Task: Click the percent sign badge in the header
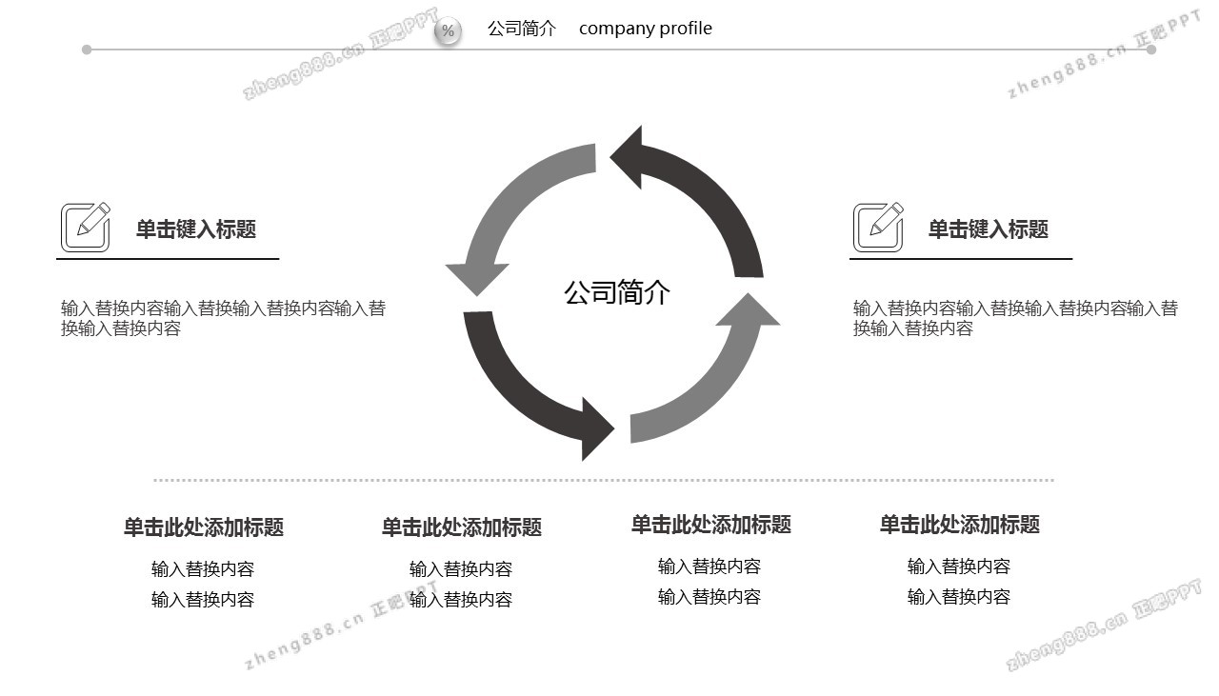[448, 31]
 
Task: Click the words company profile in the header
[645, 29]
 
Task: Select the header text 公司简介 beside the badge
[521, 29]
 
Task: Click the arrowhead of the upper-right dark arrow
[630, 155]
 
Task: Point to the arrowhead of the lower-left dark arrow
[596, 429]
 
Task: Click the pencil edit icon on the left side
[86, 227]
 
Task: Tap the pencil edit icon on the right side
[878, 227]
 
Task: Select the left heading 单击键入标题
[195, 229]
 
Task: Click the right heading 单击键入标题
[988, 229]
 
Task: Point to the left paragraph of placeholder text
[223, 318]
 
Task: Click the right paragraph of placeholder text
[1015, 318]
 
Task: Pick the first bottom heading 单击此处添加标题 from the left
[203, 527]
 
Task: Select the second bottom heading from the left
[461, 527]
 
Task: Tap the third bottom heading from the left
[710, 525]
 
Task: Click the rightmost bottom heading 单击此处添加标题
[959, 525]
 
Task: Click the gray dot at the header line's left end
[87, 50]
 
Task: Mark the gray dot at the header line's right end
[1151, 50]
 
